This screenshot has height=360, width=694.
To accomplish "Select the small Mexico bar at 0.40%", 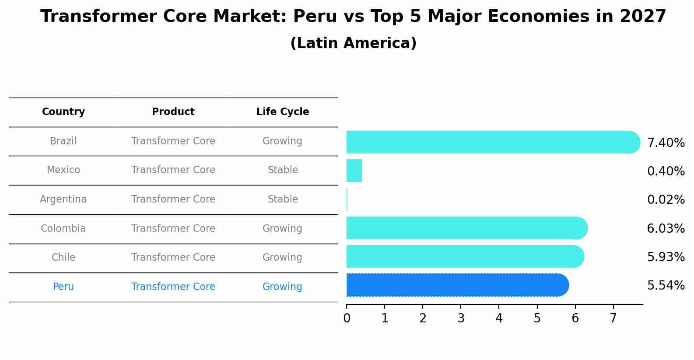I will coord(354,171).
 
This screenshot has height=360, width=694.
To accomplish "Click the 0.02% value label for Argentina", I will coord(666,200).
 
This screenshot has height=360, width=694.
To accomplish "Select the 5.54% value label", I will coord(666,286).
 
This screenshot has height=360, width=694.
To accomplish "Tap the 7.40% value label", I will coord(666,143).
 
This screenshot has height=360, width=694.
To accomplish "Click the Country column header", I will coord(63,112).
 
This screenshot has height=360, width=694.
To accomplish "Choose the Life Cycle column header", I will coord(283,112).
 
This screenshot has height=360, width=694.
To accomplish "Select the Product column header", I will coord(173,112).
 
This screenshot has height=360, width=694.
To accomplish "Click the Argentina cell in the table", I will coord(63,199).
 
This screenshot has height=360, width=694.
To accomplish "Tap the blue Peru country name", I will coord(63,287).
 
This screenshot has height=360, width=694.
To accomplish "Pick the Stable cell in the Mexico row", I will coord(283,170).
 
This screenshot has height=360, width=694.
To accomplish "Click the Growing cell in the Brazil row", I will coord(282,141).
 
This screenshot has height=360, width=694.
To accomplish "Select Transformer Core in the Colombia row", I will coord(173,229).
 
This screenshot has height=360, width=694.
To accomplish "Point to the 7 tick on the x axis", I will coord(613,318).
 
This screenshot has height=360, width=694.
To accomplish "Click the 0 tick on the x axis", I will coord(347,318).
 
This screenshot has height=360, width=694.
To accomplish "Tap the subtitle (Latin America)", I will coord(353,43).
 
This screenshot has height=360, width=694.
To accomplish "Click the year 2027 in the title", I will coord(643,17).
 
